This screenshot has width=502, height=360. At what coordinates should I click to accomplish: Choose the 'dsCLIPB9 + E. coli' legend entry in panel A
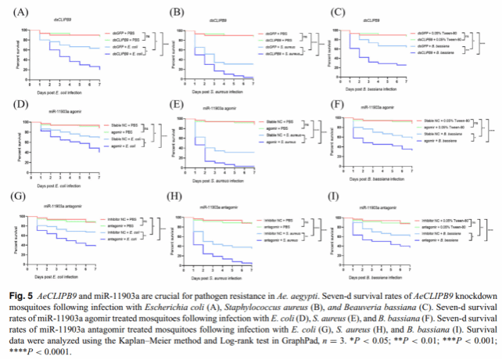tap(128, 53)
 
